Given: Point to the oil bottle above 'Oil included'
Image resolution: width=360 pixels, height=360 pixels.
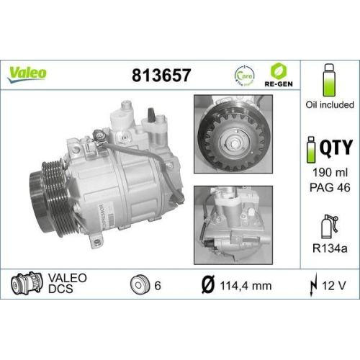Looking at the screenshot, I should click(330, 81).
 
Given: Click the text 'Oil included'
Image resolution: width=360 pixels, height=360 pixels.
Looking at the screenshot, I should click(330, 105).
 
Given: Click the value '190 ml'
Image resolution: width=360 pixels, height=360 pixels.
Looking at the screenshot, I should click(330, 174).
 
